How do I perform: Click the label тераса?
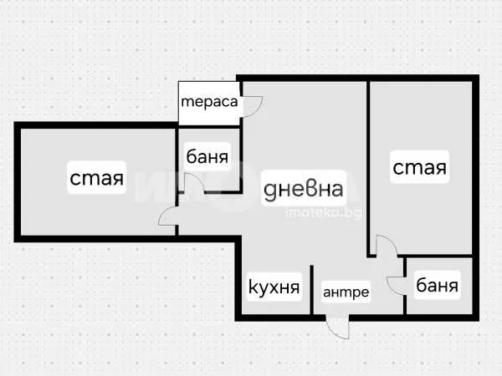coord(209,103)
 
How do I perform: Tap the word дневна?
coord(303,188)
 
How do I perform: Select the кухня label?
coord(274,288)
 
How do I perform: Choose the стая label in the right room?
coord(420,167)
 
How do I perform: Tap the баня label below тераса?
coord(208,155)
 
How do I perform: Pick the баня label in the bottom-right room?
coord(437,287)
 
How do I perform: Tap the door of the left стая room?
coord(167,219)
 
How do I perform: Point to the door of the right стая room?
coord(385,247)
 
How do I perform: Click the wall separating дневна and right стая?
coord(368,167)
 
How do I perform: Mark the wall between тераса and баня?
coord(208,126)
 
